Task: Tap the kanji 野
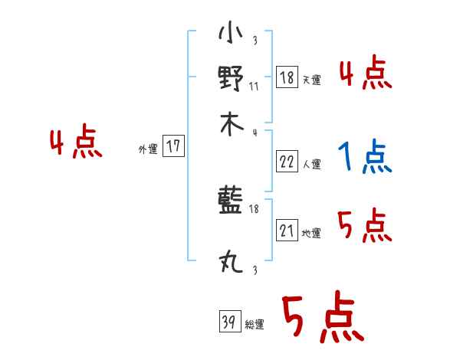[x=231, y=79]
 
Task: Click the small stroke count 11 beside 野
[x=254, y=87]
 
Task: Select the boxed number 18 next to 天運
[x=286, y=78]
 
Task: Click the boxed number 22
[x=286, y=162]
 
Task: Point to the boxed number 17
[x=174, y=147]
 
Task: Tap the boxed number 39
[x=228, y=322]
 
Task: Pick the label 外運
[x=148, y=149]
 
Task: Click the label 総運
[x=255, y=325]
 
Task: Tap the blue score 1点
[x=364, y=158]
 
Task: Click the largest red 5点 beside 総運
[x=322, y=319]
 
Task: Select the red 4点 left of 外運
[x=75, y=143]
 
